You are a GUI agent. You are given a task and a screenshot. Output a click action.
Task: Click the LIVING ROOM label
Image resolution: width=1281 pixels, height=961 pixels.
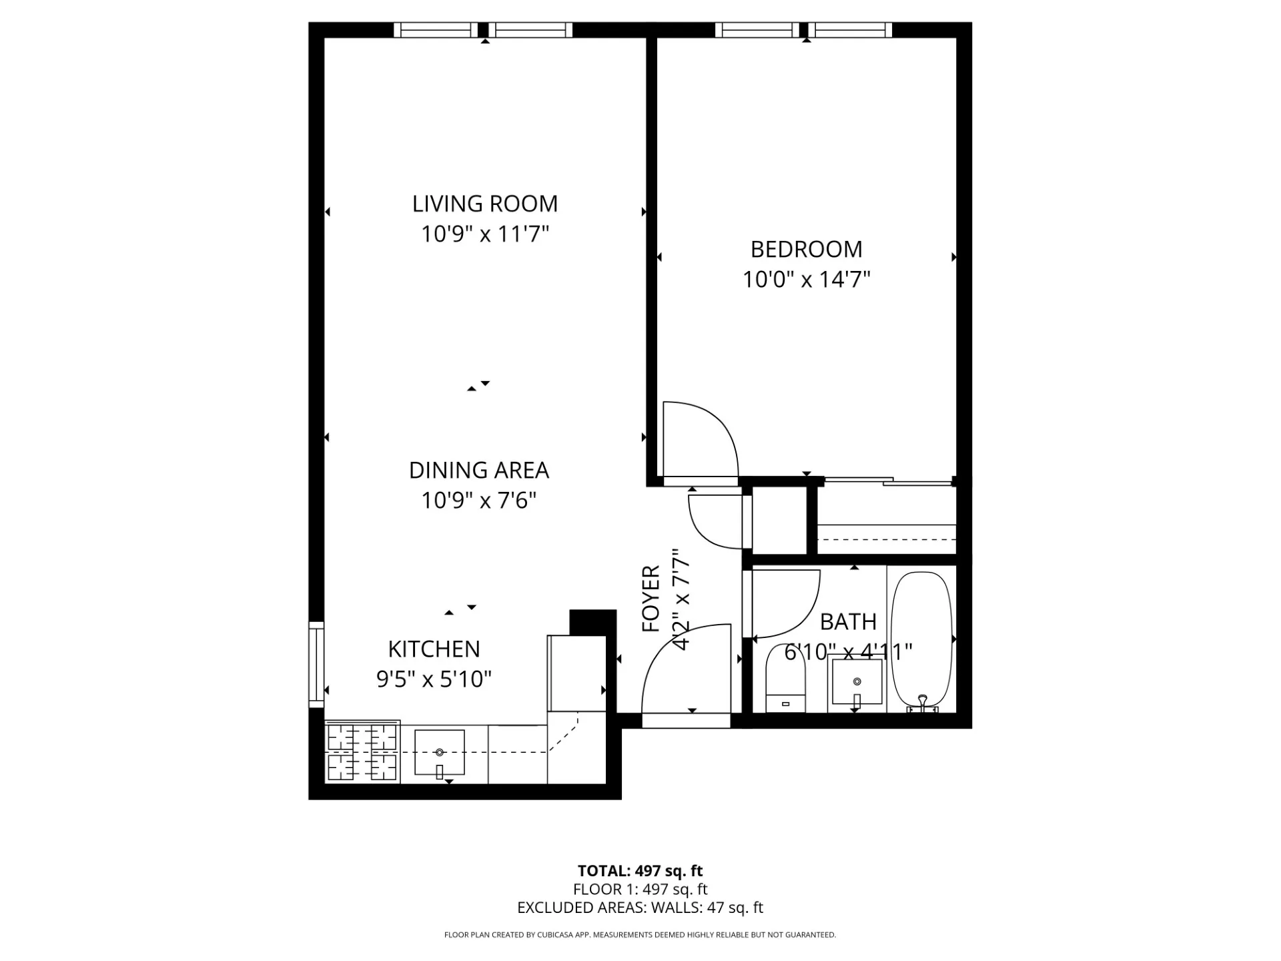click(x=484, y=204)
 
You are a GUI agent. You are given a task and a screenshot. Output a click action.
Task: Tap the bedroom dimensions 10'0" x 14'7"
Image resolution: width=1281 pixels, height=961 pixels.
click(x=807, y=280)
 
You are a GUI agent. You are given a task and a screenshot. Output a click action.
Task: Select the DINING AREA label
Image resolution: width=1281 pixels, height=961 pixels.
click(x=478, y=470)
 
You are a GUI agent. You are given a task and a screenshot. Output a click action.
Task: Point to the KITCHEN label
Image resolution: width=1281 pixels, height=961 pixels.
click(x=434, y=649)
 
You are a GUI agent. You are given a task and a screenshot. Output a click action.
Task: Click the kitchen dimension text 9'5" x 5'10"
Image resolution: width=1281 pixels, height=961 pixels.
click(x=434, y=679)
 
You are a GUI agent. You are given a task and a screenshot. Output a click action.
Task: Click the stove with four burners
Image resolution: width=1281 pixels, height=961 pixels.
click(x=362, y=753)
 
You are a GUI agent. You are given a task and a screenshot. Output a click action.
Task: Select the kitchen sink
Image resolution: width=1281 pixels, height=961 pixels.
click(x=439, y=753)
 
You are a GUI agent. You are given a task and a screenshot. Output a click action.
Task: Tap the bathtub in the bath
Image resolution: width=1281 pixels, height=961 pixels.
click(x=921, y=639)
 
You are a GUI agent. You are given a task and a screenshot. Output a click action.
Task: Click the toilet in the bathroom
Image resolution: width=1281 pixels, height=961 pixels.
click(x=785, y=679)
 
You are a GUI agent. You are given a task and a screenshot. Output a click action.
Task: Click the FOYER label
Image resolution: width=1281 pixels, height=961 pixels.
click(x=651, y=599)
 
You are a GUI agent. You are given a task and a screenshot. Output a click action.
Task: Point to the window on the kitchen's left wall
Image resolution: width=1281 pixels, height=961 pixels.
click(x=316, y=664)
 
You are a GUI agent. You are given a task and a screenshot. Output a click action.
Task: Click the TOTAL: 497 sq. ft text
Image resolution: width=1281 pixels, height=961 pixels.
click(x=640, y=871)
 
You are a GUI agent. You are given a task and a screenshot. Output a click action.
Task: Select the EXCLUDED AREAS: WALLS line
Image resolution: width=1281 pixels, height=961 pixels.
click(x=640, y=908)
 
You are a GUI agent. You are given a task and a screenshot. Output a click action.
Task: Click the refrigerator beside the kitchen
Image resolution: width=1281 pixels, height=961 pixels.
click(x=576, y=674)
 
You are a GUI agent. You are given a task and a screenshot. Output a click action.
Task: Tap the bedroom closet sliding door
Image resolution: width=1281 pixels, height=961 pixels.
click(x=887, y=480)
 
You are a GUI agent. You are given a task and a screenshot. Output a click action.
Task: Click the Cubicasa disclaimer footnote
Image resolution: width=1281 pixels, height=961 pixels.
click(x=640, y=935)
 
